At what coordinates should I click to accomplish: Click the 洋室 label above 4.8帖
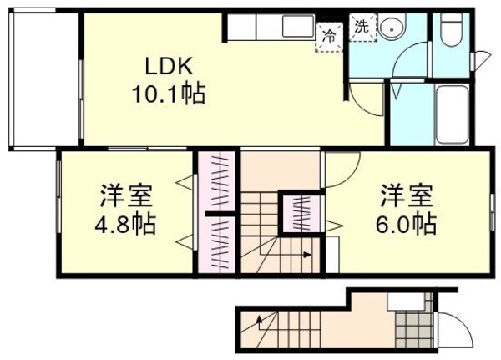coord(125,196)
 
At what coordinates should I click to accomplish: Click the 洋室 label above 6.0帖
coord(407,196)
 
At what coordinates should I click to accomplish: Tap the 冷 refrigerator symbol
coord(330,36)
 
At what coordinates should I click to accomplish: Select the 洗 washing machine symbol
coord(361,26)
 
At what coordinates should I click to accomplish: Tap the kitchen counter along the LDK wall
coord(267,28)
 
